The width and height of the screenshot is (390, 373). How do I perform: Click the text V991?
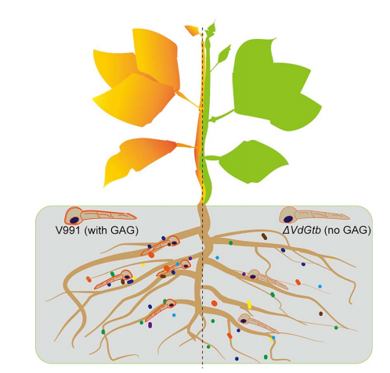(67, 230)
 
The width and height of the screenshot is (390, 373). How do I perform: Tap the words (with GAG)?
(111, 231)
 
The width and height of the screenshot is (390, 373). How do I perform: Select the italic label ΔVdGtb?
(302, 230)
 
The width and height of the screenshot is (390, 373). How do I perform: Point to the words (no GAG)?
(348, 231)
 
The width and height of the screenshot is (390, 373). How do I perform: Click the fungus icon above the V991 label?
(99, 215)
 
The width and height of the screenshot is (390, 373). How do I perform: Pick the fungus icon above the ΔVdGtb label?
(314, 214)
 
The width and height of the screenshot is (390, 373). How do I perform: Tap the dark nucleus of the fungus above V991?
(74, 220)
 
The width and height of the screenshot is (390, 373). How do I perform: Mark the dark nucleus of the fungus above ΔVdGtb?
(288, 219)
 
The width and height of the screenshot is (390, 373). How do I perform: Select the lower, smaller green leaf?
(253, 162)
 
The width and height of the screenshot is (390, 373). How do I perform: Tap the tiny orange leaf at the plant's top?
(193, 30)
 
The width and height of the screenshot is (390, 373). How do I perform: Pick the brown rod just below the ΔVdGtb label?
(265, 236)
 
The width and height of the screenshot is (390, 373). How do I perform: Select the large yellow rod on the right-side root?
(249, 304)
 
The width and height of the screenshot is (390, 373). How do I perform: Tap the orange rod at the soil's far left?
(89, 279)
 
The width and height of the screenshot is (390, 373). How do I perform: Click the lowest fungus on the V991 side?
(160, 310)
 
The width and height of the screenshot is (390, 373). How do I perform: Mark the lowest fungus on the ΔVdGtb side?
(258, 323)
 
